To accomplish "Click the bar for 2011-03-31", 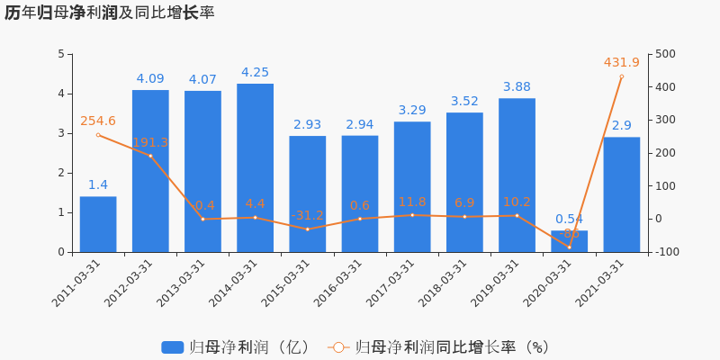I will (x=98, y=224).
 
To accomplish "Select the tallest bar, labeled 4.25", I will (x=255, y=167).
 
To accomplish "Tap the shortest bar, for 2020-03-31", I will (x=569, y=241).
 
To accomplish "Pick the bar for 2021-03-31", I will (x=621, y=194).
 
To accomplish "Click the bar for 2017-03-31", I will (x=412, y=186).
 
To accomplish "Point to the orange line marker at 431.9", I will (x=621, y=76).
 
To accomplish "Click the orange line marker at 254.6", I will (x=98, y=135).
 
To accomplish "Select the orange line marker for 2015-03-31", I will (x=307, y=229).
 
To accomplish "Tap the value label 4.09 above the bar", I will (x=150, y=79).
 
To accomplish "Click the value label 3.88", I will (x=517, y=87).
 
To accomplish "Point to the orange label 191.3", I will (x=150, y=143).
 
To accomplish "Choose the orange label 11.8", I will (x=412, y=202).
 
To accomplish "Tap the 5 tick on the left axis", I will (x=60, y=54).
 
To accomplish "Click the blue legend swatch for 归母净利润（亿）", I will (x=172, y=347).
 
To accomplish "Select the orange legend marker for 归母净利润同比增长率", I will (x=337, y=347).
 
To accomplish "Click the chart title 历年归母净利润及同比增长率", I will (x=109, y=13).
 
